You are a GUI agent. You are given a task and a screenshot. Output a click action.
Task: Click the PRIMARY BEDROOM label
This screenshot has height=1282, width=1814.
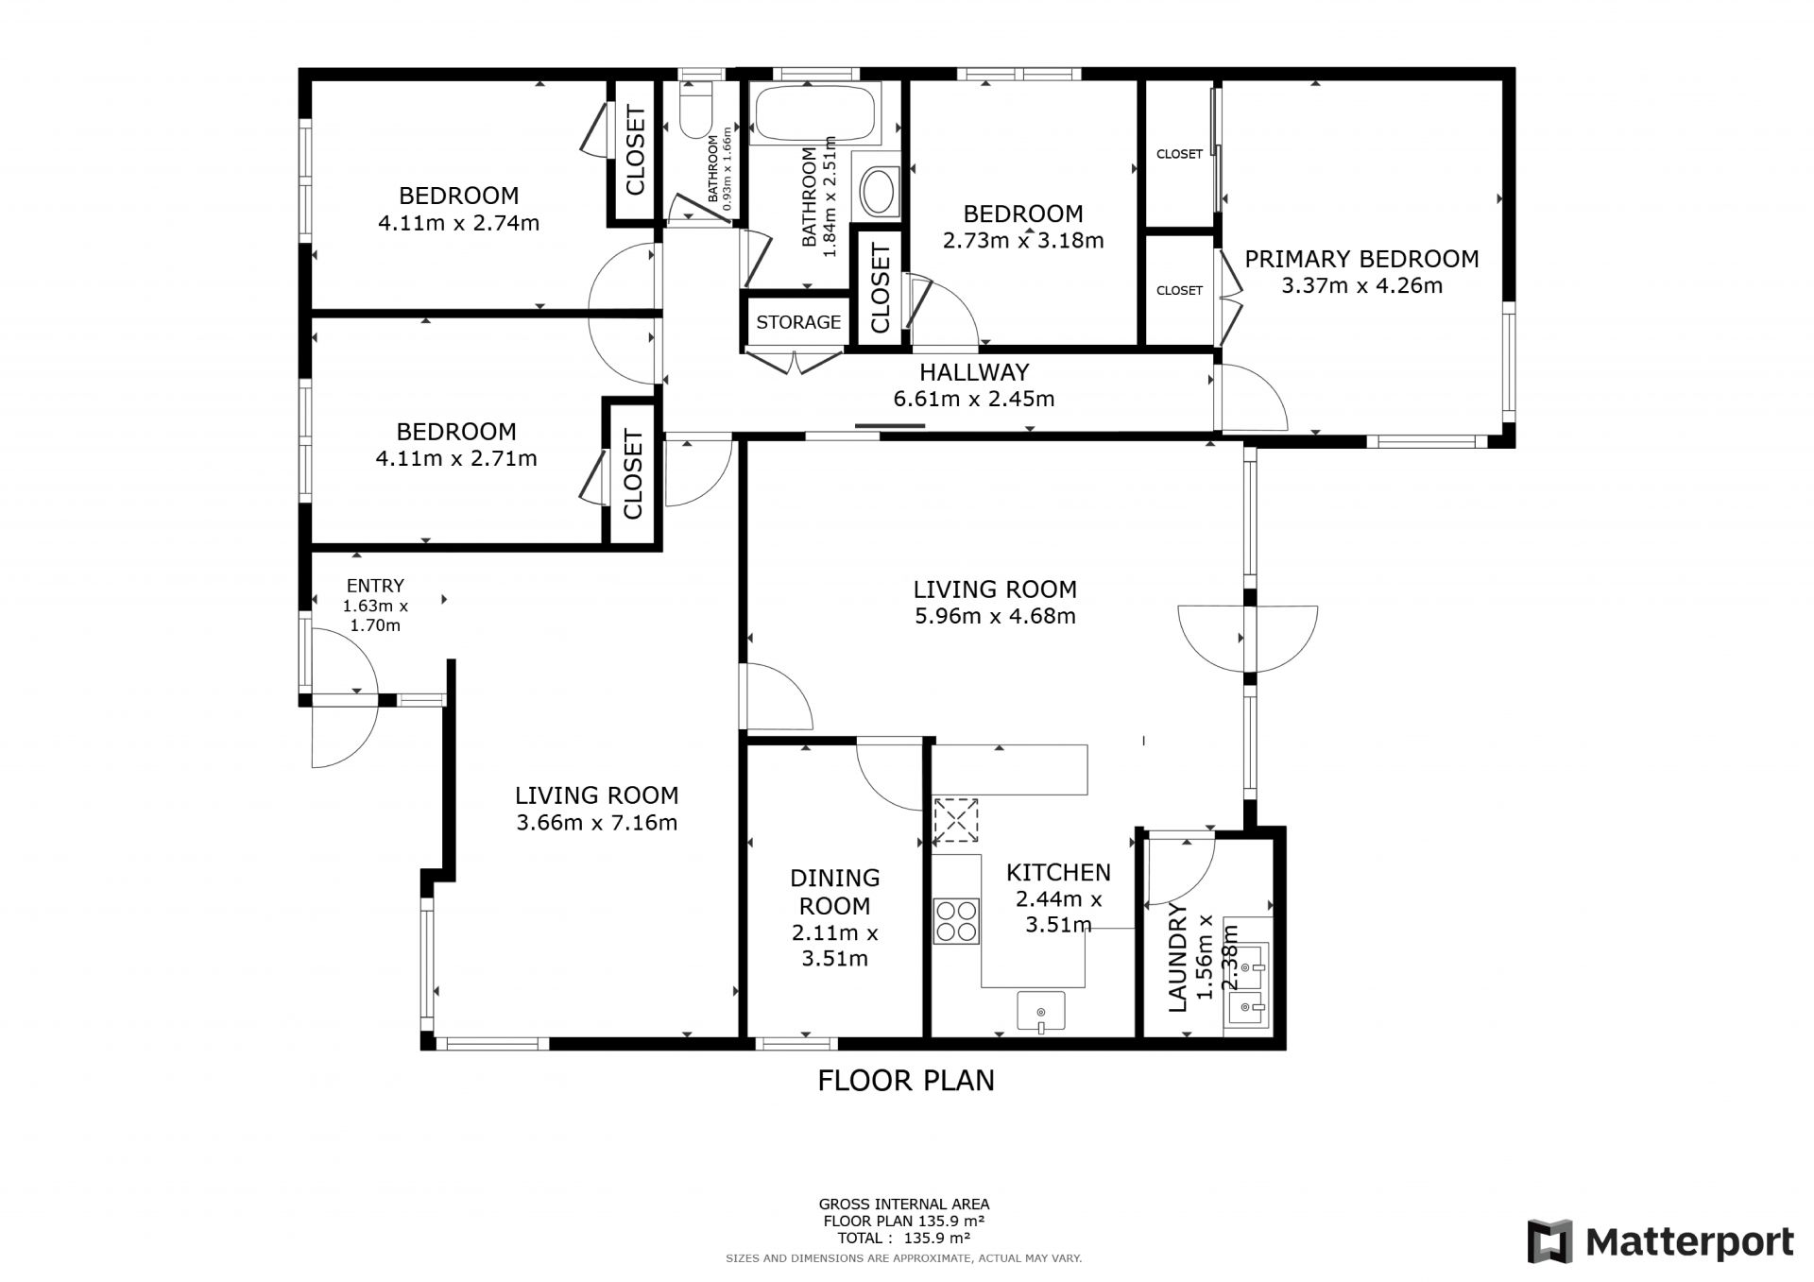point(1361,259)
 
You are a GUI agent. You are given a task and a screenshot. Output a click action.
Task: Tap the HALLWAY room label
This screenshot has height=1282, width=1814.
point(974,372)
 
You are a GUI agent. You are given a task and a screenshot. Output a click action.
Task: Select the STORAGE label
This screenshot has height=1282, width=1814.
point(798,322)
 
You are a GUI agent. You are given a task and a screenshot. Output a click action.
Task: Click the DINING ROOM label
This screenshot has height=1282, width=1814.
point(835,892)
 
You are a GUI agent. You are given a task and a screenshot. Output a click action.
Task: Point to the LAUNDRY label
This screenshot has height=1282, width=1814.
point(1178,957)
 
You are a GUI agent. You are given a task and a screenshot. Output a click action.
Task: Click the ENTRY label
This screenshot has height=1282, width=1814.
point(375,586)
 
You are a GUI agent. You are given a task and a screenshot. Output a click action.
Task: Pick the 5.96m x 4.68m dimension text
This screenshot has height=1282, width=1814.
point(995,617)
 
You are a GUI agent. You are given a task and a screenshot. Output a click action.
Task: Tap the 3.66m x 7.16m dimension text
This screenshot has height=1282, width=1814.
point(597,823)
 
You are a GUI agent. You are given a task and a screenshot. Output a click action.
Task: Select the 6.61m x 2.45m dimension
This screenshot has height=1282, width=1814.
point(974,399)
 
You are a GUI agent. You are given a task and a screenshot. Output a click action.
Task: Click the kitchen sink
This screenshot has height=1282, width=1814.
point(1041,1011)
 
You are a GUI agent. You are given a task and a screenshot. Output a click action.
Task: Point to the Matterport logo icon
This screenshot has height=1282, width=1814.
point(1550,1241)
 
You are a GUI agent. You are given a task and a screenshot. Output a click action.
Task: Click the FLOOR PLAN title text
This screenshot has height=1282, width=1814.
point(906,1080)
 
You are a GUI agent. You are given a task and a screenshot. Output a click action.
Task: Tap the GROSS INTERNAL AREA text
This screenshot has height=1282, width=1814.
point(904,1204)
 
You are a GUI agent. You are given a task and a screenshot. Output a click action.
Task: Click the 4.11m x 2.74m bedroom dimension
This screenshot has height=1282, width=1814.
point(458,224)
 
